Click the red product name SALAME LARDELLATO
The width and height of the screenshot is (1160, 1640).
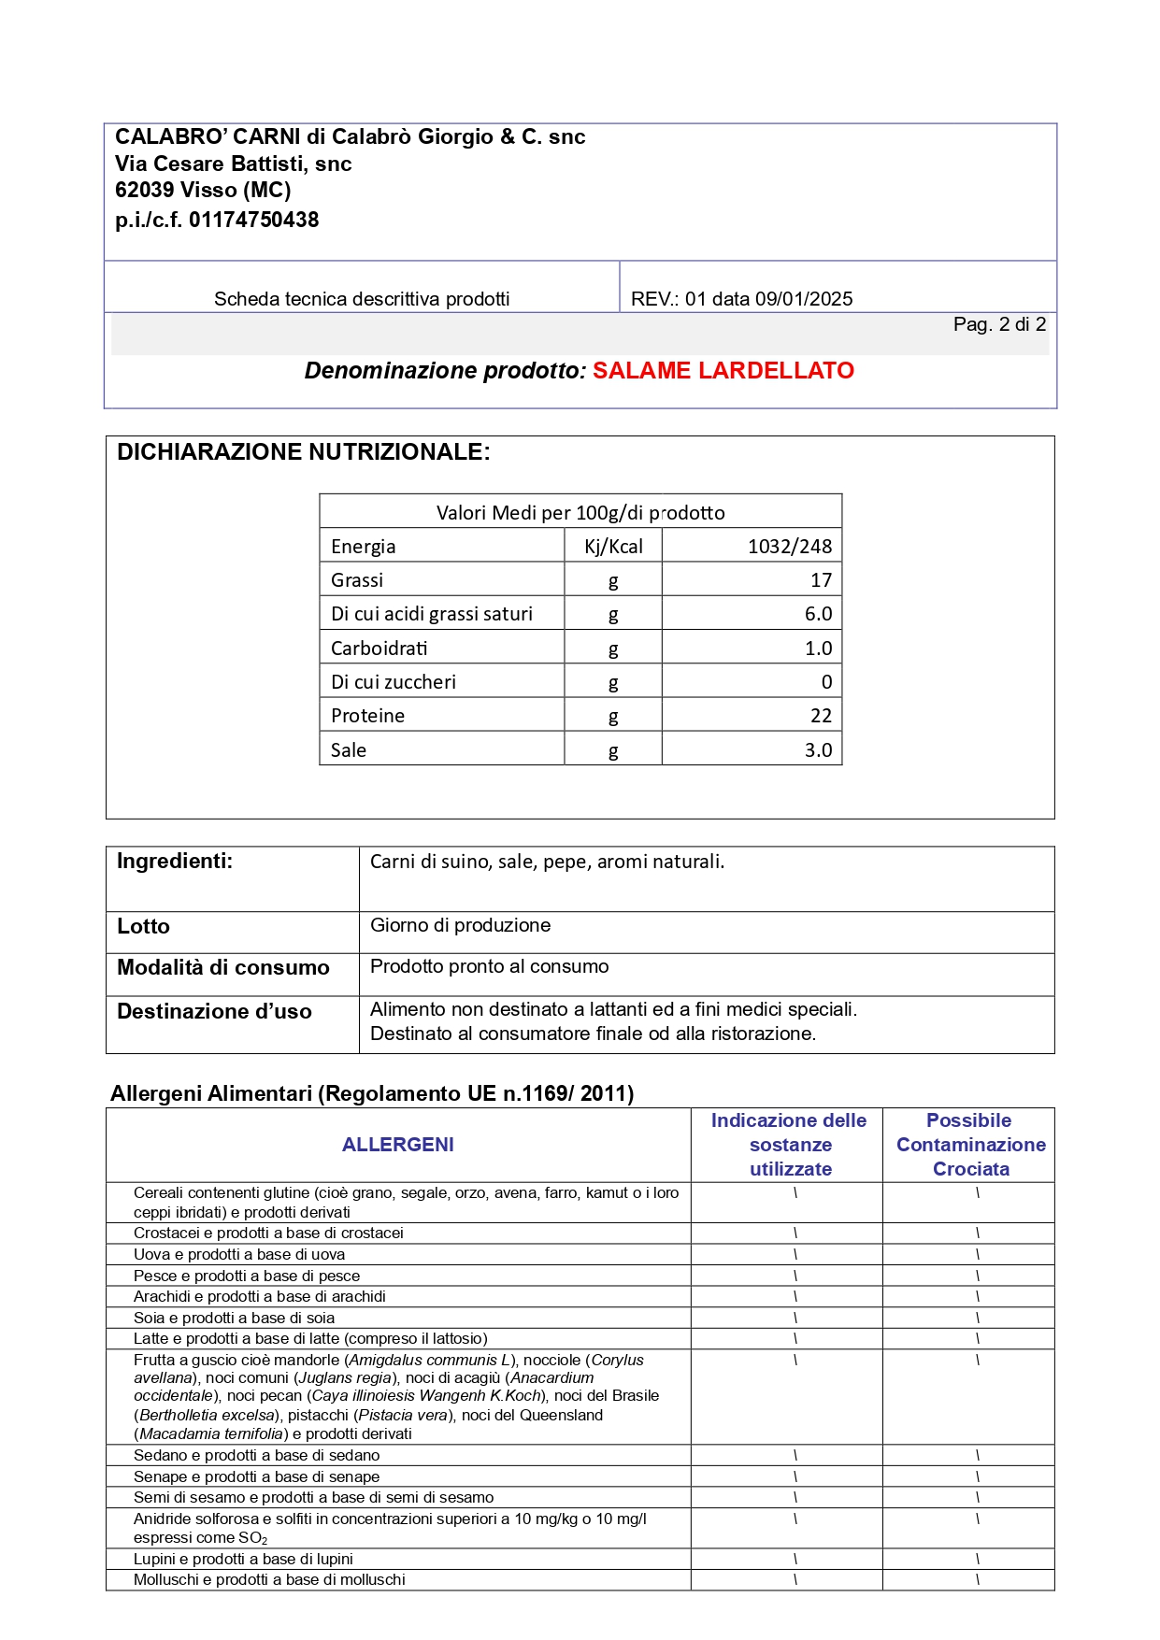(x=723, y=371)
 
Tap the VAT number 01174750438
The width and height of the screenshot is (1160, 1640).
(x=253, y=221)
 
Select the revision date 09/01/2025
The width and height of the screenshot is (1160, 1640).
(x=804, y=299)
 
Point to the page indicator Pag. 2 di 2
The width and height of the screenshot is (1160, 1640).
(x=998, y=324)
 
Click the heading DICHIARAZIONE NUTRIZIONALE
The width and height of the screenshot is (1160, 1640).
(x=303, y=452)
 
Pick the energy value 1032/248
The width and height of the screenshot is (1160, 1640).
(x=789, y=547)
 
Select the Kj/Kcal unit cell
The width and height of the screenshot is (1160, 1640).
(x=613, y=547)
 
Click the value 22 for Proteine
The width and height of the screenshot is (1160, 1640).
(x=820, y=716)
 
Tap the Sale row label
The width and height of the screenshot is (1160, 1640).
(x=349, y=750)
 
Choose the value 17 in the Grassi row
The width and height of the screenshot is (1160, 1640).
(x=820, y=580)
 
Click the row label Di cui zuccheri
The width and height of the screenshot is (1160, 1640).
(x=394, y=682)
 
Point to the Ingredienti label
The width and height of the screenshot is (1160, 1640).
(x=175, y=862)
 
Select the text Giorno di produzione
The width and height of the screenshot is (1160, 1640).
(x=460, y=925)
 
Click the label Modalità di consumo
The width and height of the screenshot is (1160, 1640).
(x=222, y=968)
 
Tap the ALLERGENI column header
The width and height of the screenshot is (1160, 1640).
(x=397, y=1145)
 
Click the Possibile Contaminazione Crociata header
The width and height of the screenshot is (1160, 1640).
(x=969, y=1145)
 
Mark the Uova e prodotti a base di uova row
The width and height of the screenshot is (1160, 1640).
(x=239, y=1254)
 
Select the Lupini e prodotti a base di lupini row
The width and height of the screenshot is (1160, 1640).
(x=243, y=1559)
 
